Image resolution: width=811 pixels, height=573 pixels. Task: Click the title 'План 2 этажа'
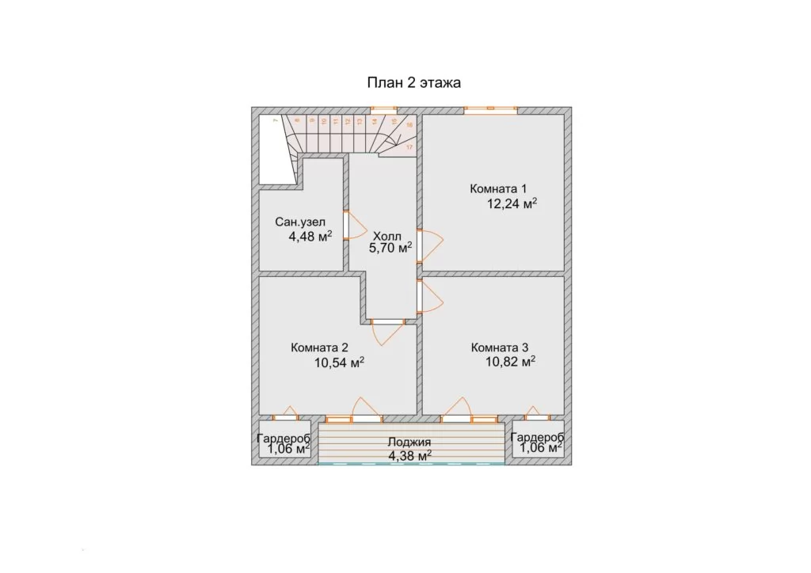point(413,82)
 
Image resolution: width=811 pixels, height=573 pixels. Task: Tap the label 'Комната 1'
point(498,188)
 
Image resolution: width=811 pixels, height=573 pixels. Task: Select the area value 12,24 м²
point(512,203)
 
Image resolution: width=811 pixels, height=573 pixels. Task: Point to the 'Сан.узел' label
point(300,222)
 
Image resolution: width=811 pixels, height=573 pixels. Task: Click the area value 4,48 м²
point(310,237)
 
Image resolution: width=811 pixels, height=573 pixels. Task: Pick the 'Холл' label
point(387,237)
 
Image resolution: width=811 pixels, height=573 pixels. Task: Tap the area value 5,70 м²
point(390,248)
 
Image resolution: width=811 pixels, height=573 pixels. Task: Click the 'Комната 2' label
point(319,347)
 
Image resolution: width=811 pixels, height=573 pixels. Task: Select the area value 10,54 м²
point(339,362)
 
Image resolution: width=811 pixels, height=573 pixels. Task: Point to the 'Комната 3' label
point(500,347)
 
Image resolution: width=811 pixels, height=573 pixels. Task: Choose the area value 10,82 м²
point(511,362)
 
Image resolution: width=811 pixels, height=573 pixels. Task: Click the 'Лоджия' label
point(409,442)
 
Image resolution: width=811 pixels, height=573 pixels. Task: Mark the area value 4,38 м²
point(410,456)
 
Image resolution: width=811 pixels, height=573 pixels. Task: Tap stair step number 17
point(409,147)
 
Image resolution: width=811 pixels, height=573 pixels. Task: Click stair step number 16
point(409,125)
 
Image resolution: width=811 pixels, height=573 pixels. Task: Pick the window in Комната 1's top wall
point(490,109)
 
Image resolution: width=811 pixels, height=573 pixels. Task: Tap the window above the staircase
point(384,109)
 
